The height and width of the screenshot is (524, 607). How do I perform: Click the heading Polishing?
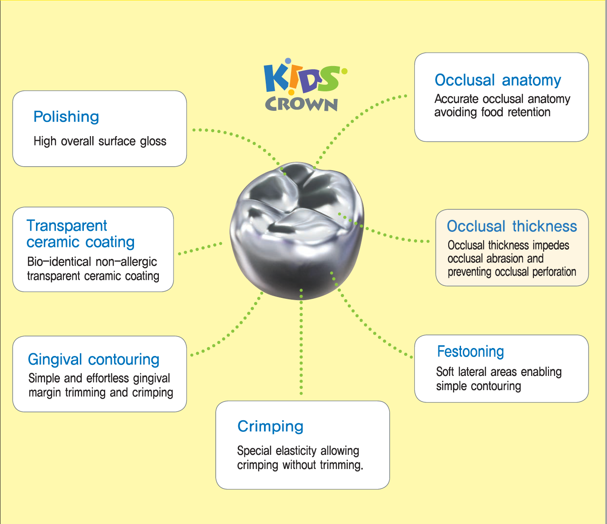(66, 117)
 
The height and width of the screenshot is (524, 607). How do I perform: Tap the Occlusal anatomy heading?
(497, 80)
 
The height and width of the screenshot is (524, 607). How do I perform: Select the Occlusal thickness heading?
(512, 226)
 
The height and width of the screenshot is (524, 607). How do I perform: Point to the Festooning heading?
(470, 352)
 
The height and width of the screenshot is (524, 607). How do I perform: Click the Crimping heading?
(270, 426)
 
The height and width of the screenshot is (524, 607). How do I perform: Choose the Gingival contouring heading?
(93, 359)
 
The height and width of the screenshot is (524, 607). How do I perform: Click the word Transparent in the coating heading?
(67, 226)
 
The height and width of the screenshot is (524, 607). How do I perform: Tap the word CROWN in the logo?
(301, 104)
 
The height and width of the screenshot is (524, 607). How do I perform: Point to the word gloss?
(153, 141)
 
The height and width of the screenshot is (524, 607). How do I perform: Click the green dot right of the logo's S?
(344, 71)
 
